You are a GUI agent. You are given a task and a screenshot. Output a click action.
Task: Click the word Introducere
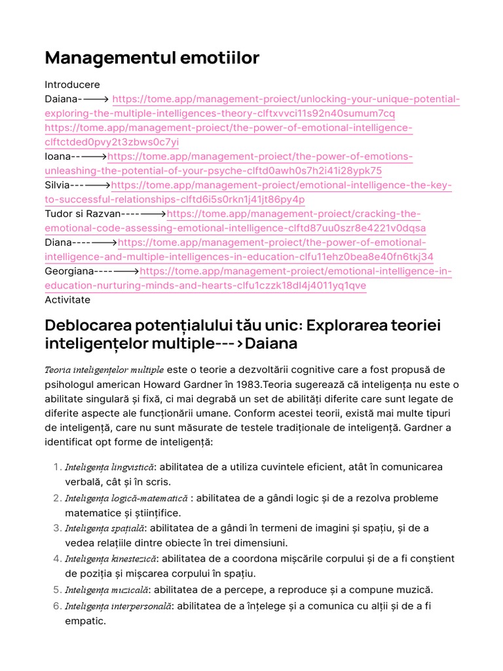(72, 85)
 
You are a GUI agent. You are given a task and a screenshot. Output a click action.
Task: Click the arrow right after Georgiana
(126, 271)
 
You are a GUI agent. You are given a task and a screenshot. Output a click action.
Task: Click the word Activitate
(67, 300)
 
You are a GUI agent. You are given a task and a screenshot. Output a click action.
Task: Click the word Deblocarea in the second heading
(86, 326)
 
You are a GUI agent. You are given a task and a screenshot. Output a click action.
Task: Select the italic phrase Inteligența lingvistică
(109, 467)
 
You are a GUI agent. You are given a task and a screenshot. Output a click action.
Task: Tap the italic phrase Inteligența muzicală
(107, 590)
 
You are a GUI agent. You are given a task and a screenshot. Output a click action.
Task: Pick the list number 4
(55, 559)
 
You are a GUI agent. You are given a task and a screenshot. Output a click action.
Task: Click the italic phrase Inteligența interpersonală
(118, 606)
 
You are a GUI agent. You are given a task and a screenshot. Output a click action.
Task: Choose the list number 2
(55, 498)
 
